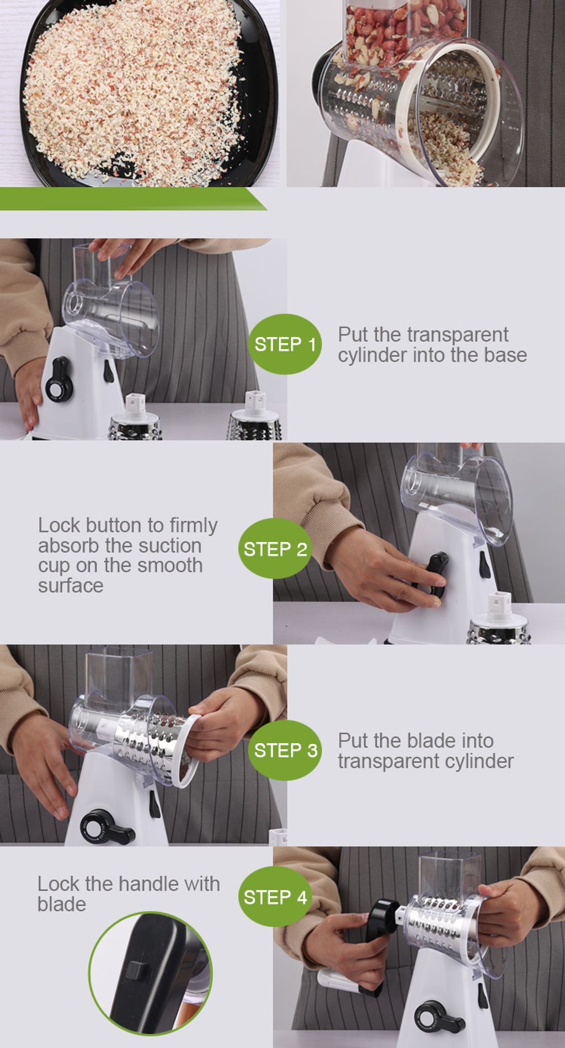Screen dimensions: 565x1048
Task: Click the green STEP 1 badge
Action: click(285, 344)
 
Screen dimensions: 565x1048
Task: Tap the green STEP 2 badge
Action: click(275, 549)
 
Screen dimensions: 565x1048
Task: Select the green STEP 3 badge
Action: click(285, 750)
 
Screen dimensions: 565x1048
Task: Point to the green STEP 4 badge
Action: click(275, 897)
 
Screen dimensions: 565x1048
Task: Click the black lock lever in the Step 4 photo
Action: click(440, 1017)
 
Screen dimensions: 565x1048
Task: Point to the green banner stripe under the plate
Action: click(132, 199)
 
